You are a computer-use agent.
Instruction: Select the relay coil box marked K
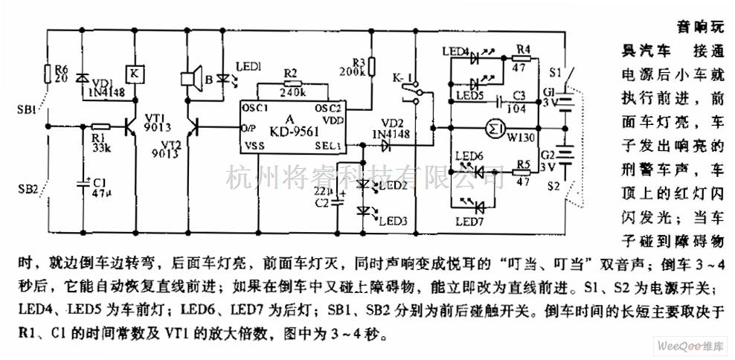(132, 73)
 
